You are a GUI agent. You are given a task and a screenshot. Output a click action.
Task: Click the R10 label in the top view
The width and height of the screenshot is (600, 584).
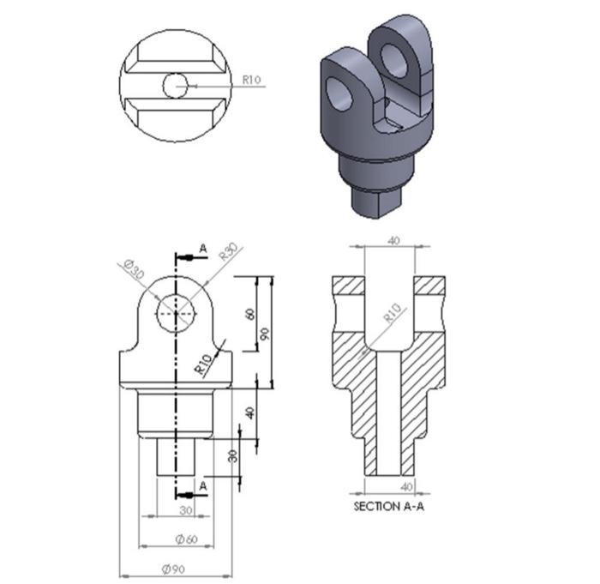(251, 80)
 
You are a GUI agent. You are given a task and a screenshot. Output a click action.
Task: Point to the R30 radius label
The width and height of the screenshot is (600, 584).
(228, 252)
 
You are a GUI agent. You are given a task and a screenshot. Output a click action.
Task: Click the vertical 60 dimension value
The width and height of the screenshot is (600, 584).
(250, 314)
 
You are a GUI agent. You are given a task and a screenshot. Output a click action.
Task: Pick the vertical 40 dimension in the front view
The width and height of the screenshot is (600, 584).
(250, 412)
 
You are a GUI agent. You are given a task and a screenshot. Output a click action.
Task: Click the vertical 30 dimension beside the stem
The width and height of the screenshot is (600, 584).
(232, 455)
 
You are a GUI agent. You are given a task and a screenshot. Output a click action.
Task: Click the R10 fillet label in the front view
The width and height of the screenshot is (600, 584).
(202, 364)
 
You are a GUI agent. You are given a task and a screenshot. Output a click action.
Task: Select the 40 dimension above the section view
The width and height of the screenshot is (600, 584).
(393, 241)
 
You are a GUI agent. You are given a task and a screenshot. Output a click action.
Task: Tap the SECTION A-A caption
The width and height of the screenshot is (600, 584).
(389, 507)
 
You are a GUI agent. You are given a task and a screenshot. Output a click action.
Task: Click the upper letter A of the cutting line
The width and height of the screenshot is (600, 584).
(203, 249)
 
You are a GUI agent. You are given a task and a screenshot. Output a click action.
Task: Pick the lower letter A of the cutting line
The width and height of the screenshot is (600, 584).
(203, 485)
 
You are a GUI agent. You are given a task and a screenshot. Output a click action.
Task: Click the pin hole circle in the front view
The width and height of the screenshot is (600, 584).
(177, 314)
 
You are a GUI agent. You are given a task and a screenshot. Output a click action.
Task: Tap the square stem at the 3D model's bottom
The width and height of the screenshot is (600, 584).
(375, 202)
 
